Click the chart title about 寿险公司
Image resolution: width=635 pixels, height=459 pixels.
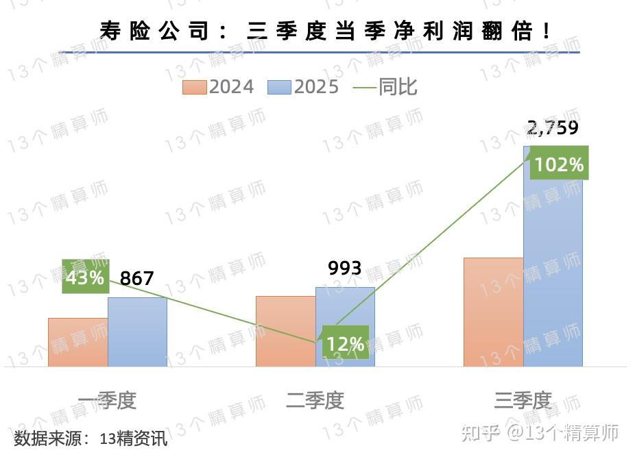325,31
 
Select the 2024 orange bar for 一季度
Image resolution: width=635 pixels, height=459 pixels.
77,343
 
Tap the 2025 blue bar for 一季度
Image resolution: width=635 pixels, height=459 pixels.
137,332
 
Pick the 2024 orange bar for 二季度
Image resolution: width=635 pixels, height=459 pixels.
285,332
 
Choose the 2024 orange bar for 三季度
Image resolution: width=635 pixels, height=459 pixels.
493,312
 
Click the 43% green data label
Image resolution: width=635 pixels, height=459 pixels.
85,277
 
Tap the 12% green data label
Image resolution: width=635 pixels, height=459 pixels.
346,343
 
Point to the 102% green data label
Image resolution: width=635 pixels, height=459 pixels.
559,164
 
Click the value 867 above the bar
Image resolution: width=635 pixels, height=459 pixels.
137,279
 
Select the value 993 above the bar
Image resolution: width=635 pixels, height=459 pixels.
344,268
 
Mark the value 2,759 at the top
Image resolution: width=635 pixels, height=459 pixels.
553,128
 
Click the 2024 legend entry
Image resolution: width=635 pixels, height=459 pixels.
218,87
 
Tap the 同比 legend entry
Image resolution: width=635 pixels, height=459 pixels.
385,87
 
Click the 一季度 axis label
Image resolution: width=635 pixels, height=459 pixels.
107,400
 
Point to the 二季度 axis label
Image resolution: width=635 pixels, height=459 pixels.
315,400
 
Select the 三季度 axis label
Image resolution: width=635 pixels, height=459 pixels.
523,400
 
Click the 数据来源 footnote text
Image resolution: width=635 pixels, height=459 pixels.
91,438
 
